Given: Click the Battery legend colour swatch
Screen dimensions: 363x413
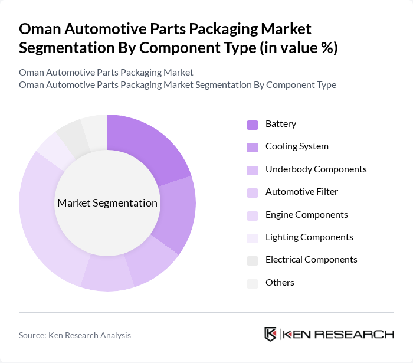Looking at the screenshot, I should (252, 125).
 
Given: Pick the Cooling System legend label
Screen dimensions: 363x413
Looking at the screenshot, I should (297, 146).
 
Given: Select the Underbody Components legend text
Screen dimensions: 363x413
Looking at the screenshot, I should (316, 169).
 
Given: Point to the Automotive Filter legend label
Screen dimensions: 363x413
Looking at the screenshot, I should (301, 192).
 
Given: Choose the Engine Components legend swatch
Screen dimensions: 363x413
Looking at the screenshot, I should (252, 215).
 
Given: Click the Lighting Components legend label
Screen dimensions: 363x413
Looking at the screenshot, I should (309, 237).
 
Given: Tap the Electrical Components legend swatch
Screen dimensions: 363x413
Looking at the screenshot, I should (252, 260).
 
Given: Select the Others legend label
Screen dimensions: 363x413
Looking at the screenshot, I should (280, 283).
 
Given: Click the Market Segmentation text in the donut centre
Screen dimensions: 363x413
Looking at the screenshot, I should (107, 203).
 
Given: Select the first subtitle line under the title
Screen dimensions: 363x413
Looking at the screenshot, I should (106, 72).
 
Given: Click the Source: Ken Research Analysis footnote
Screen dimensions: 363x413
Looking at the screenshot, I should (75, 335).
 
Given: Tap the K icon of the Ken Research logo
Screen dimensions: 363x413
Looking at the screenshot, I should (270, 334).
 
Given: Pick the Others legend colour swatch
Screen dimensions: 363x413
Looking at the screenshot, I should (252, 283).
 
